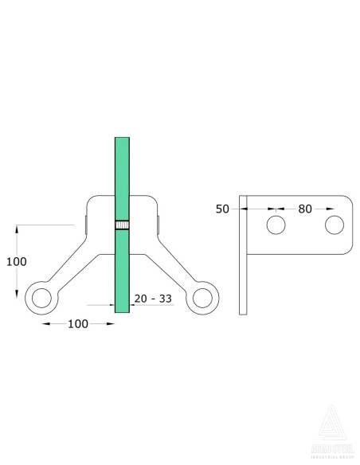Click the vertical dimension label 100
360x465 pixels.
tap(18, 262)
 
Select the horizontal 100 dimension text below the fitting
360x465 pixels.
tap(77, 324)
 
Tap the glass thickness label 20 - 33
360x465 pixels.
tap(152, 298)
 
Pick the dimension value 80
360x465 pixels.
tap(304, 209)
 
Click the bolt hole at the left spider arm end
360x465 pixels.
tap(41, 299)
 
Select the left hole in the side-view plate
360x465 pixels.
tap(276, 225)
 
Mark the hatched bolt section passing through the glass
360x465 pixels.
tap(122, 225)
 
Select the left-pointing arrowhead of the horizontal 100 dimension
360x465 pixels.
tap(46, 324)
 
